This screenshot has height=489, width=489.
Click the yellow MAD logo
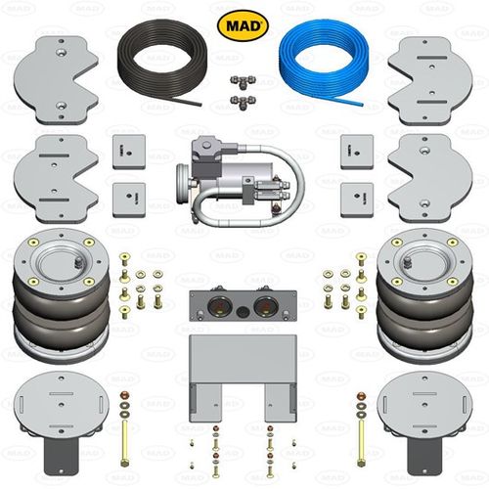pyautogui.click(x=243, y=25)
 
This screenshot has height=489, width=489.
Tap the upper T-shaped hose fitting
pyautogui.click(x=243, y=81)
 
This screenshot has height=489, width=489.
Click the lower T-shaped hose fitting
pyautogui.click(x=243, y=102)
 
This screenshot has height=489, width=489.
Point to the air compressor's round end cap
pyautogui.click(x=183, y=184)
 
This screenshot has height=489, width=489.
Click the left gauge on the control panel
pyautogui.click(x=220, y=307)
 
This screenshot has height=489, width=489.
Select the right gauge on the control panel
pyautogui.click(x=266, y=307)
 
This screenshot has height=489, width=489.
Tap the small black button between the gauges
pyautogui.click(x=243, y=312)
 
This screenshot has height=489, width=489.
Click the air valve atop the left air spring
pyautogui.click(x=78, y=261)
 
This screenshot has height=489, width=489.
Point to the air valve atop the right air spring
pyautogui.click(x=407, y=261)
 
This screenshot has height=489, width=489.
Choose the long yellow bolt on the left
pyautogui.click(x=124, y=444)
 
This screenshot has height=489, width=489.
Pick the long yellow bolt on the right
pyautogui.click(x=361, y=444)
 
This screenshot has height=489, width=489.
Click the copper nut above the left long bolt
pyautogui.click(x=124, y=396)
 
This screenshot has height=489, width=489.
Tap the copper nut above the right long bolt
pyautogui.click(x=361, y=396)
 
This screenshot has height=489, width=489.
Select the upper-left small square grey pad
pyautogui.click(x=129, y=152)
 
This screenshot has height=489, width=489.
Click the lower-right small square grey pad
pyautogui.click(x=357, y=200)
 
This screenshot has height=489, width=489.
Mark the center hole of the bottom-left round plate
pyautogui.click(x=62, y=405)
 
